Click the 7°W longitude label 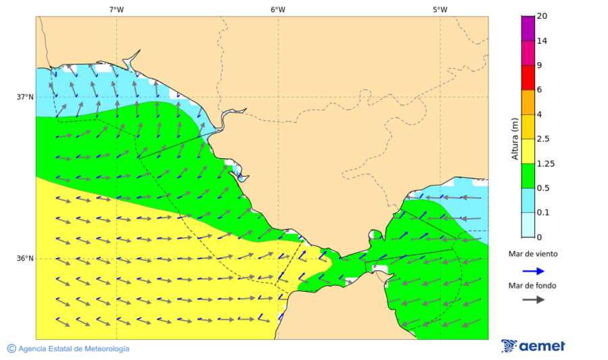pos(116,9)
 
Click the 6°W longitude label pos(278,9)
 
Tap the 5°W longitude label pos(440,9)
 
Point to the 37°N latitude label pos(25,97)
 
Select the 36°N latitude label pos(25,259)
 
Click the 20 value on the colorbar pos(542,16)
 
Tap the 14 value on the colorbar pos(542,41)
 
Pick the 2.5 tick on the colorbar pos(542,139)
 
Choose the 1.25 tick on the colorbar pos(544,163)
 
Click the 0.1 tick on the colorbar pos(542,213)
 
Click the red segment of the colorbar pos(528,77)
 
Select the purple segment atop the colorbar pos(528,28)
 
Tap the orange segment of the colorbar pos(528,102)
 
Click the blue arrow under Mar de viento pos(533,271)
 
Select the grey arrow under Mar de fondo pos(533,299)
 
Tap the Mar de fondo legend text pos(533,286)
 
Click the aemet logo pos(533,346)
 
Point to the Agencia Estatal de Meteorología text pos(74,349)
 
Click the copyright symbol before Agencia pos(11,349)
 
